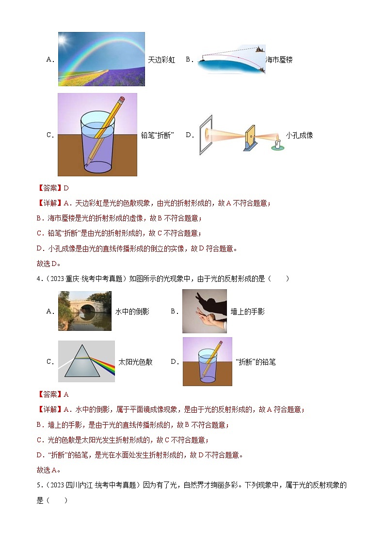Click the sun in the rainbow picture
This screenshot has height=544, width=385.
click(63, 39)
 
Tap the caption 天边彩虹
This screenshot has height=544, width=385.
click(161, 60)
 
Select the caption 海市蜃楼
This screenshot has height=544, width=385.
click(279, 60)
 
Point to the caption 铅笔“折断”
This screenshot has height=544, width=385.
click(157, 135)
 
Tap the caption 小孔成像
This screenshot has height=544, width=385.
click(299, 135)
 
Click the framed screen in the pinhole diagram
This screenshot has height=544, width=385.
click(206, 135)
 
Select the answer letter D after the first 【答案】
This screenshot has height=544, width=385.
click(66, 188)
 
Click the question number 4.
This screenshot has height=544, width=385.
click(38, 279)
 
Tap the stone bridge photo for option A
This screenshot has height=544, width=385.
click(85, 311)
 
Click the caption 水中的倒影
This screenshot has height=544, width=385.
click(132, 311)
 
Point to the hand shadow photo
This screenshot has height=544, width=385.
click(205, 311)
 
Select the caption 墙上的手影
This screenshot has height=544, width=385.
click(247, 311)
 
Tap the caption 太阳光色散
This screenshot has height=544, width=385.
click(135, 362)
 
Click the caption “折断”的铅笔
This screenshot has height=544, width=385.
click(256, 362)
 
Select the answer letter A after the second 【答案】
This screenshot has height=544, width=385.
click(66, 394)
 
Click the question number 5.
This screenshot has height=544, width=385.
click(38, 485)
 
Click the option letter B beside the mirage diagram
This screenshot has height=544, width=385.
click(188, 59)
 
